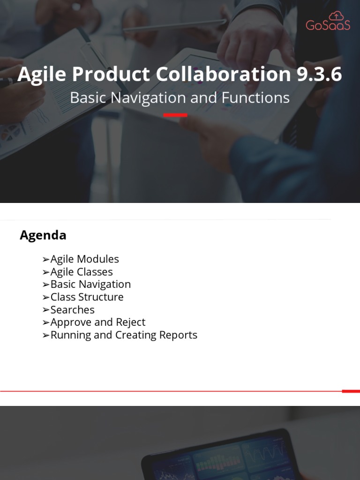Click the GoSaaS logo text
tap(328, 25)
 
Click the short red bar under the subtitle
tap(175, 115)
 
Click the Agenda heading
tap(43, 235)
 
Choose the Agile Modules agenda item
tap(84, 259)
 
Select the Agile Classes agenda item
tap(82, 272)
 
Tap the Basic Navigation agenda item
tap(90, 285)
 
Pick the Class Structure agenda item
tap(87, 297)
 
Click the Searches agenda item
tap(72, 310)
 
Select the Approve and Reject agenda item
tap(97, 322)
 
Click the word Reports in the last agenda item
tap(178, 335)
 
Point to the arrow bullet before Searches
tap(45, 310)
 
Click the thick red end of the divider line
tap(351, 391)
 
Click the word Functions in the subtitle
tap(256, 97)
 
